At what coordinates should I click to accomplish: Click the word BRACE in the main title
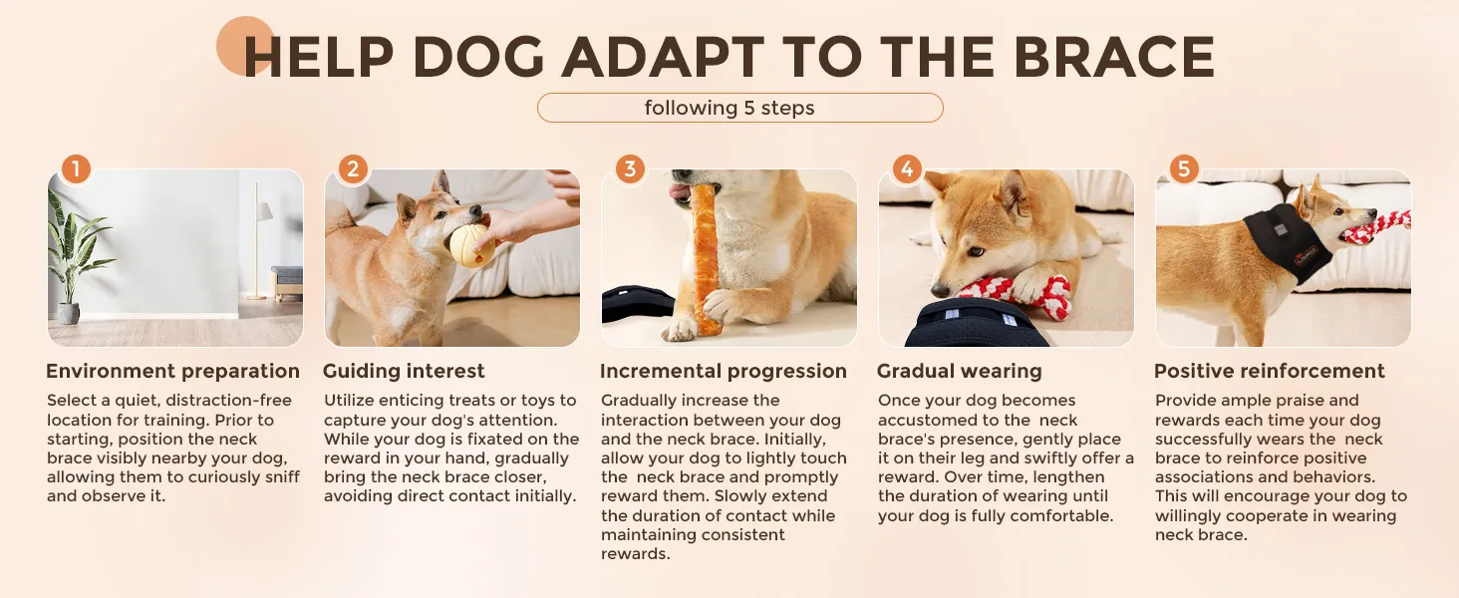pyautogui.click(x=1113, y=57)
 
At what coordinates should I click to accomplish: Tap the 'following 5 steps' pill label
pyautogui.click(x=739, y=108)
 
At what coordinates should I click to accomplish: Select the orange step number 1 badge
pyautogui.click(x=76, y=169)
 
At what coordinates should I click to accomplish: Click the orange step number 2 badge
pyautogui.click(x=353, y=169)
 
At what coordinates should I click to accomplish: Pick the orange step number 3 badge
pyautogui.click(x=630, y=169)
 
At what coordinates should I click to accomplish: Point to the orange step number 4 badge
pyautogui.click(x=907, y=169)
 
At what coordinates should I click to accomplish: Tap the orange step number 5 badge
pyautogui.click(x=1184, y=169)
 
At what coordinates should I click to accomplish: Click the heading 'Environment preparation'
pyautogui.click(x=172, y=372)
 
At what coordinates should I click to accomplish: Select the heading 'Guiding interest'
pyautogui.click(x=404, y=372)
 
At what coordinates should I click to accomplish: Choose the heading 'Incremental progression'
pyautogui.click(x=723, y=372)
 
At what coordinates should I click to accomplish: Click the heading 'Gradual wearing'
pyautogui.click(x=960, y=372)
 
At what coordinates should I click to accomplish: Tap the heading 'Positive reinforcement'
pyautogui.click(x=1270, y=372)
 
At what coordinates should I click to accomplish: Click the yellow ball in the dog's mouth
pyautogui.click(x=469, y=245)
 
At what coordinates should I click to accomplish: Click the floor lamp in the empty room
pyautogui.click(x=258, y=241)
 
